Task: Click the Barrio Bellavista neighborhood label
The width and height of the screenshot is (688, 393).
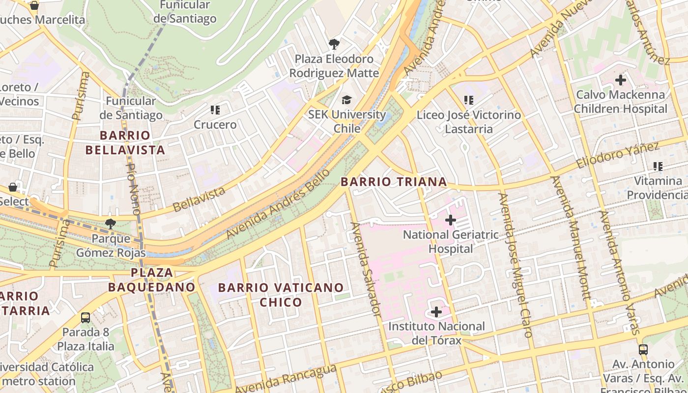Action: pyautogui.click(x=125, y=142)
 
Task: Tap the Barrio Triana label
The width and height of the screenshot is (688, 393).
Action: pyautogui.click(x=394, y=182)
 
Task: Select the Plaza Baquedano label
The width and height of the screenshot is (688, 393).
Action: pyautogui.click(x=152, y=280)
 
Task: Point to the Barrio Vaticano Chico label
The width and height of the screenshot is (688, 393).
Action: pyautogui.click(x=281, y=294)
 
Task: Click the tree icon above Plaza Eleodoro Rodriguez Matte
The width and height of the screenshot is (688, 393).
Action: pyautogui.click(x=334, y=44)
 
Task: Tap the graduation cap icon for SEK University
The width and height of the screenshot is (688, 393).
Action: pyautogui.click(x=347, y=100)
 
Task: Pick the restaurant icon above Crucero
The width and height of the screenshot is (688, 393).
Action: pyautogui.click(x=215, y=110)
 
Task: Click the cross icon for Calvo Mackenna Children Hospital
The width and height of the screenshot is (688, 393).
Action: pyautogui.click(x=620, y=80)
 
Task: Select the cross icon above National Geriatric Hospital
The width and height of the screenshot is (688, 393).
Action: pyautogui.click(x=450, y=220)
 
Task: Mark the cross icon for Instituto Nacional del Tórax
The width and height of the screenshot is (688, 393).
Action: pyautogui.click(x=436, y=312)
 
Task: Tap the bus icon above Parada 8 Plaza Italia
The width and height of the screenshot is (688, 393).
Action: pyautogui.click(x=86, y=317)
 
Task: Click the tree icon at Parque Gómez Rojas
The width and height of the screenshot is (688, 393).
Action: pyautogui.click(x=111, y=224)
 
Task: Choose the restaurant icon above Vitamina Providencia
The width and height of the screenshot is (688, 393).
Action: pyautogui.click(x=658, y=167)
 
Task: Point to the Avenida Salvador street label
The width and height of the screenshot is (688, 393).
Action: pyautogui.click(x=367, y=268)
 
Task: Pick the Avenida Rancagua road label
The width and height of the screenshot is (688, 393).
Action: pyautogui.click(x=285, y=379)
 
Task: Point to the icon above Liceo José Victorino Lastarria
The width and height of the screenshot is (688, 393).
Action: pyautogui.click(x=468, y=100)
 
